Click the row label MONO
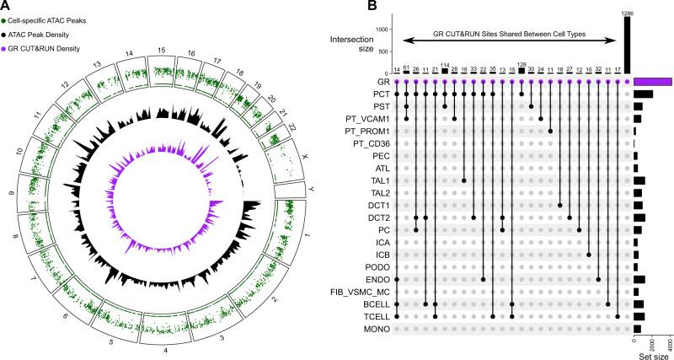377,328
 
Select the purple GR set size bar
653,82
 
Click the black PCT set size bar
643,94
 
